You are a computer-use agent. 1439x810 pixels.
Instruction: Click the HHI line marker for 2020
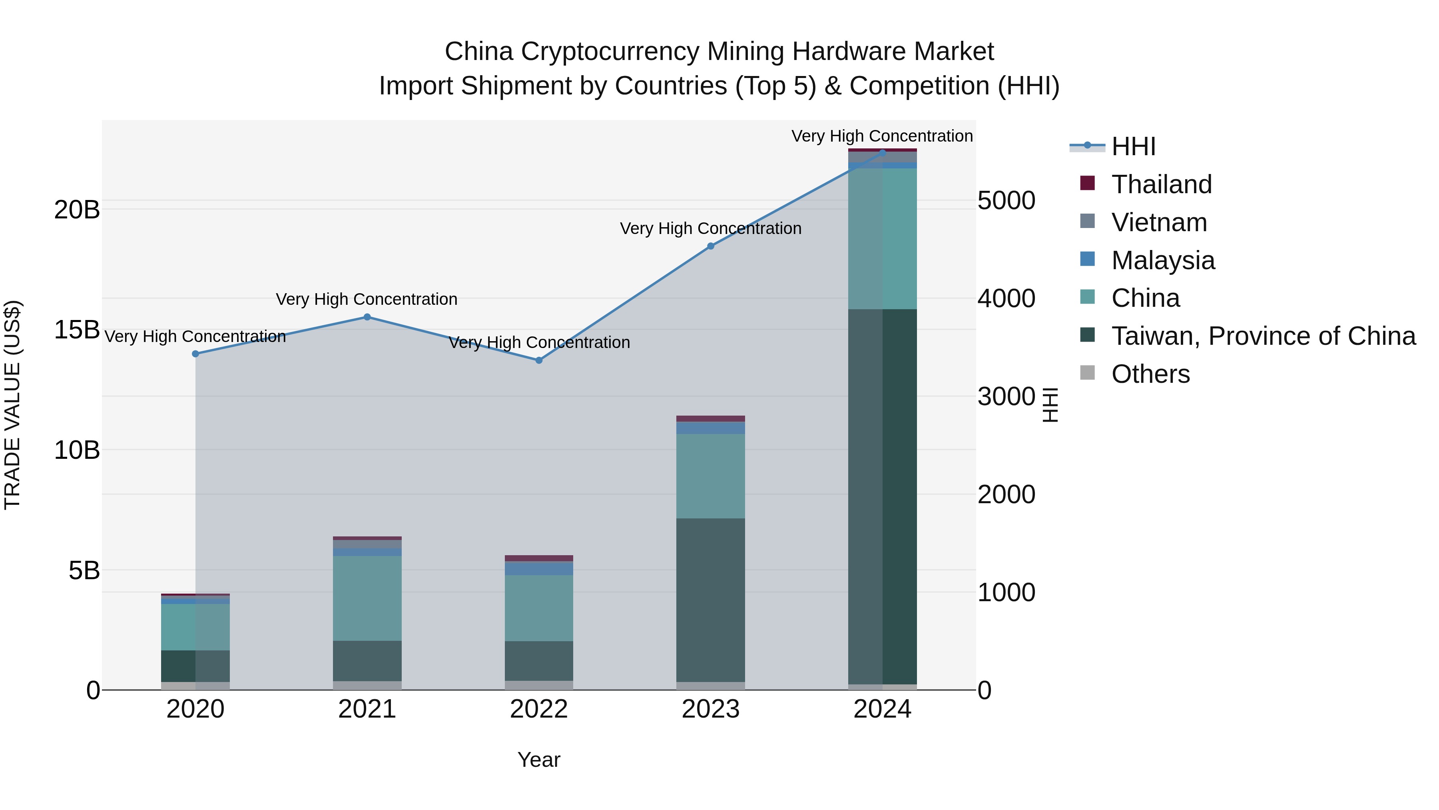195,354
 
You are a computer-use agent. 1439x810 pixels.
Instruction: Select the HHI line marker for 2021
367,317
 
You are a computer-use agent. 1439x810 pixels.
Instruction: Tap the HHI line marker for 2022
539,360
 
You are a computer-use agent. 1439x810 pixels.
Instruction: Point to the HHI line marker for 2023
711,246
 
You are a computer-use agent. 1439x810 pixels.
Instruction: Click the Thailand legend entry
1161,184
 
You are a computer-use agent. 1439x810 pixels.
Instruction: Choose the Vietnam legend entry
1158,222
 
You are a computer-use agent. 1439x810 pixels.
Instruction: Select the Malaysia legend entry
1162,260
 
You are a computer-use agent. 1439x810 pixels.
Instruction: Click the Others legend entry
1150,374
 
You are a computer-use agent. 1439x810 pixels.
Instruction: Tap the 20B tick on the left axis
77,210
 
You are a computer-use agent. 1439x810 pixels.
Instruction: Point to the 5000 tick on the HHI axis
1006,201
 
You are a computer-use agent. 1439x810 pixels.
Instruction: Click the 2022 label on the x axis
539,709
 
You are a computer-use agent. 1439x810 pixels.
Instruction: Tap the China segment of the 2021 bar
367,598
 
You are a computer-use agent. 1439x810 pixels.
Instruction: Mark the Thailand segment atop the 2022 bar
539,558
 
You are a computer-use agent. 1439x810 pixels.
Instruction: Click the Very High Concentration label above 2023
711,229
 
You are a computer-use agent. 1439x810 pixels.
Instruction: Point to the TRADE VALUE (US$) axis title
12,405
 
